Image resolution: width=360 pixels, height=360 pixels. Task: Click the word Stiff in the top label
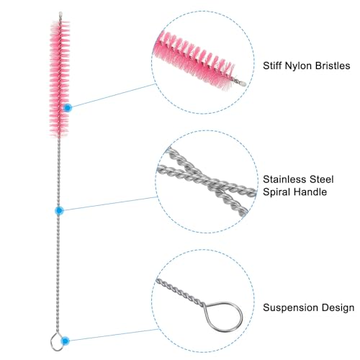[x=272, y=66]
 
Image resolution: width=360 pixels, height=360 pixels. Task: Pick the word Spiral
[x=276, y=192]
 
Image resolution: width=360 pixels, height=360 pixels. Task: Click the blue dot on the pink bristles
[x=68, y=108]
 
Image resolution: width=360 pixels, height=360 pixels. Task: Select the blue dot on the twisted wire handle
[x=59, y=210]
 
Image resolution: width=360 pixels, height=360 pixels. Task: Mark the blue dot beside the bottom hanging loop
[x=65, y=341]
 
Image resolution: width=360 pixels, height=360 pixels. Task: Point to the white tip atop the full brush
[x=60, y=14]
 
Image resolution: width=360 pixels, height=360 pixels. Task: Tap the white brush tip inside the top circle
[x=243, y=84]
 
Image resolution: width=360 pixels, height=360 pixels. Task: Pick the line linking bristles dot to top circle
[x=114, y=95]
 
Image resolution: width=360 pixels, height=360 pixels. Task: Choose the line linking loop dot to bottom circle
[x=114, y=335]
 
